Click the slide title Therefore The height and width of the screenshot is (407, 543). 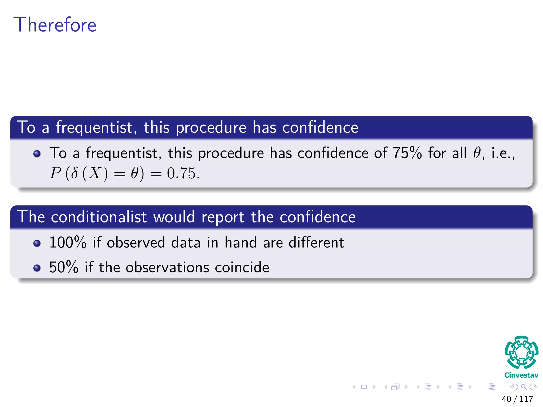pyautogui.click(x=55, y=25)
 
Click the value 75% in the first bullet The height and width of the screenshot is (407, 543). pyautogui.click(x=407, y=153)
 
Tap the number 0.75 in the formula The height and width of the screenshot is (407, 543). pyautogui.click(x=183, y=174)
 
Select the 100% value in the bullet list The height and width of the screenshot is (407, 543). pyautogui.click(x=68, y=242)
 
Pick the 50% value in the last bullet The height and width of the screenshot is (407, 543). pyautogui.click(x=64, y=267)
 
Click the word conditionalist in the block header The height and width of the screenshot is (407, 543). pyautogui.click(x=99, y=217)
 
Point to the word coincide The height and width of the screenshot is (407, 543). pyautogui.click(x=242, y=267)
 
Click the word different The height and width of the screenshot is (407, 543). pyautogui.click(x=316, y=242)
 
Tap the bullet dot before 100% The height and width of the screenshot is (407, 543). pyautogui.click(x=37, y=243)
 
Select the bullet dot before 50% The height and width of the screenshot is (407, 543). pyautogui.click(x=37, y=268)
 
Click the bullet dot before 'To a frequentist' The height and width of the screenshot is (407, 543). pyautogui.click(x=37, y=154)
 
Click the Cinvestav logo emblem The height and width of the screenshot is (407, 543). pyautogui.click(x=521, y=352)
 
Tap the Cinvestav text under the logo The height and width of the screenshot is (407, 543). pyautogui.click(x=521, y=375)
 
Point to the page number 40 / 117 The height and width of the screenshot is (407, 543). pyautogui.click(x=517, y=399)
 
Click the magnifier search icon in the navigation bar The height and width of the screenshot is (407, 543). pyautogui.click(x=524, y=387)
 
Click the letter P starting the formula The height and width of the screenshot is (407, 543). pyautogui.click(x=56, y=174)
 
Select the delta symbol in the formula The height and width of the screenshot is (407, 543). pyautogui.click(x=75, y=174)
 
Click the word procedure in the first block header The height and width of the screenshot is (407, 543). pyautogui.click(x=211, y=128)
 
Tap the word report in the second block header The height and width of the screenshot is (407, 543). pyautogui.click(x=223, y=217)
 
